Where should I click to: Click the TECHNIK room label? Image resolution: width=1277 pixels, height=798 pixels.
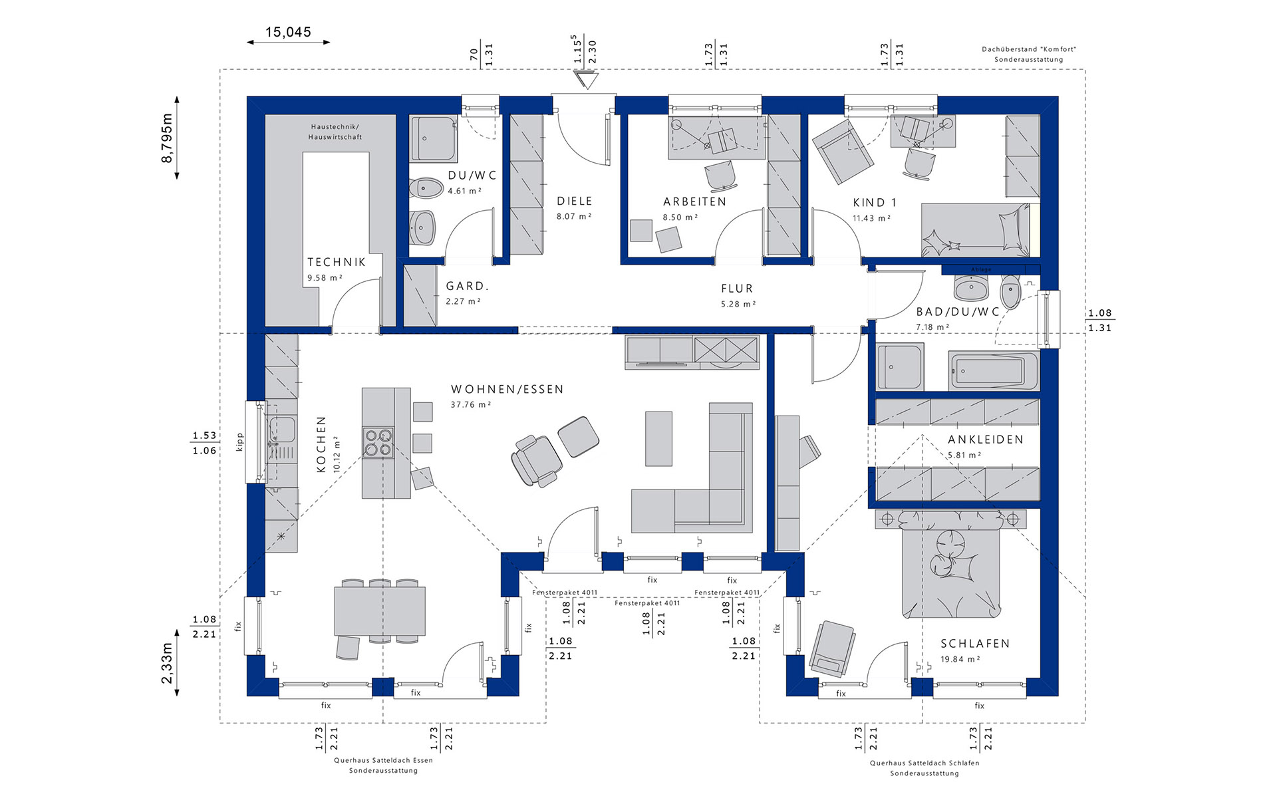[337, 262]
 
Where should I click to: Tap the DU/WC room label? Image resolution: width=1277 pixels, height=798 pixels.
[472, 176]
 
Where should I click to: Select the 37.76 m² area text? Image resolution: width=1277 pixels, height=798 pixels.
[471, 404]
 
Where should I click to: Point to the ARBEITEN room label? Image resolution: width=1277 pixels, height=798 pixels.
[694, 201]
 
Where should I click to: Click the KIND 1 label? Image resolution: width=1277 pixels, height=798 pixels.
[875, 203]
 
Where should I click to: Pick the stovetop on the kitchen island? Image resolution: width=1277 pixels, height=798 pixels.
[378, 442]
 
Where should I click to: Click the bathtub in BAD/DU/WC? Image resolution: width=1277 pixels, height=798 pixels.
[994, 370]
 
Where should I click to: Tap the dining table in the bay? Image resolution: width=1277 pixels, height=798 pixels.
[380, 610]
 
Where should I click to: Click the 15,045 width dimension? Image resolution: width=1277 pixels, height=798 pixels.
[288, 32]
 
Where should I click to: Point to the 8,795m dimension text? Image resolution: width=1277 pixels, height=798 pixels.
[166, 138]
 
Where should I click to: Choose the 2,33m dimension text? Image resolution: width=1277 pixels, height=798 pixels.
[166, 663]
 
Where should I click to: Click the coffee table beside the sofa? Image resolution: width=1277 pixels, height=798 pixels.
[658, 438]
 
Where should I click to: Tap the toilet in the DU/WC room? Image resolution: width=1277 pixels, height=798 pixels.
[426, 188]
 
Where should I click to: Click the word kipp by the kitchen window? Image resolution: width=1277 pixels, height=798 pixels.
[240, 442]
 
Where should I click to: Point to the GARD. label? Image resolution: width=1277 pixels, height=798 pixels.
[468, 286]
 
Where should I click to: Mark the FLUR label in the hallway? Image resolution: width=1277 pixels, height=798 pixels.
[737, 289]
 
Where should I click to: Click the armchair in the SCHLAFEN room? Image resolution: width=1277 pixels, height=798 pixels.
[831, 648]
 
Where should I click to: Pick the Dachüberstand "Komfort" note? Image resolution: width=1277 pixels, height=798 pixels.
[1029, 49]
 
